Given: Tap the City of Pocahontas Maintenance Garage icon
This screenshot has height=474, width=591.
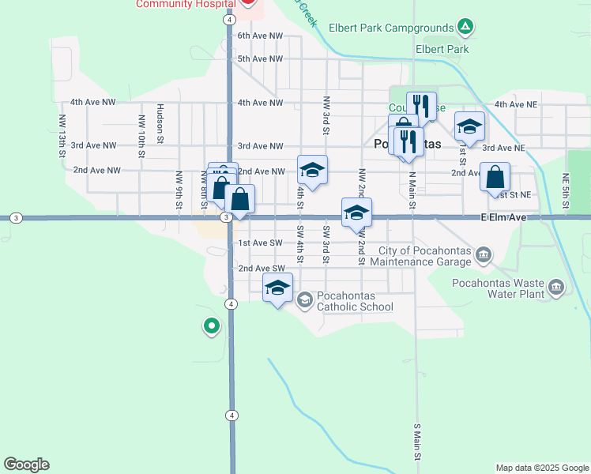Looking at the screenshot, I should pyautogui.click(x=484, y=255).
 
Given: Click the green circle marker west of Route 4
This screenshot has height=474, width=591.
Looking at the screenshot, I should pyautogui.click(x=211, y=325).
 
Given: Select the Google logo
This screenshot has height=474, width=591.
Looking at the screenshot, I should pyautogui.click(x=26, y=465).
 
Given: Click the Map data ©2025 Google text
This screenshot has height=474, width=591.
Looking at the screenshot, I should pyautogui.click(x=541, y=468).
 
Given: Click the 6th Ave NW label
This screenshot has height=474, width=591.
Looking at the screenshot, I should pyautogui.click(x=260, y=36).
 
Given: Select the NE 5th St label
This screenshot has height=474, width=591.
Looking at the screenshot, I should pyautogui.click(x=566, y=191).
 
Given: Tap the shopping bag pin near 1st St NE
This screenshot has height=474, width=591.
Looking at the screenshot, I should pyautogui.click(x=495, y=178).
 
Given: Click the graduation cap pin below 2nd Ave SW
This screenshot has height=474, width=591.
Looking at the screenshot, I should pyautogui.click(x=277, y=288).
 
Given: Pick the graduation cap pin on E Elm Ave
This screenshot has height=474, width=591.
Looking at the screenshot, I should pyautogui.click(x=356, y=213).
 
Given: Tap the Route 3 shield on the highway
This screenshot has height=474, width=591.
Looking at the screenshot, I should pyautogui.click(x=226, y=217).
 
